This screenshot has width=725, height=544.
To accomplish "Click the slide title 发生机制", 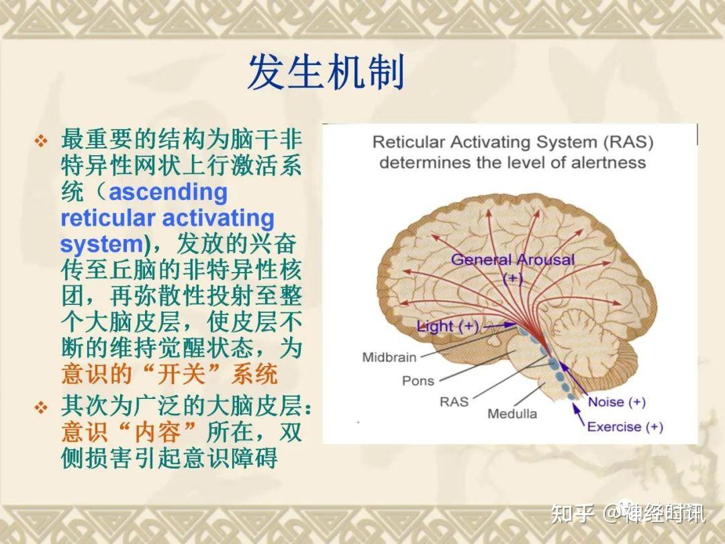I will click(x=326, y=73).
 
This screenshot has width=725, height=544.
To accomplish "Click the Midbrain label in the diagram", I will click(x=389, y=357).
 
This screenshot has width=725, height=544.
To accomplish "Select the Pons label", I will click(x=418, y=381).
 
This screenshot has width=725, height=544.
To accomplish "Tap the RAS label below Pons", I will click(x=454, y=402).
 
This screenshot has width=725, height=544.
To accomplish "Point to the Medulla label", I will click(x=512, y=414).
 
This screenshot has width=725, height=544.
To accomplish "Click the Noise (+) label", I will click(x=616, y=402).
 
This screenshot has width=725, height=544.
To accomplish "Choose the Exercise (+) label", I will click(x=624, y=426).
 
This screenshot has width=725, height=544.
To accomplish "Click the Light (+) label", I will click(x=448, y=327).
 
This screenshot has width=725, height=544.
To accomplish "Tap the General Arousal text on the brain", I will click(x=513, y=260).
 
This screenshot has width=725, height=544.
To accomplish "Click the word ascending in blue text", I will click(x=168, y=193).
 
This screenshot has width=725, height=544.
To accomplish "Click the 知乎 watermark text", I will click(x=572, y=514).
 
